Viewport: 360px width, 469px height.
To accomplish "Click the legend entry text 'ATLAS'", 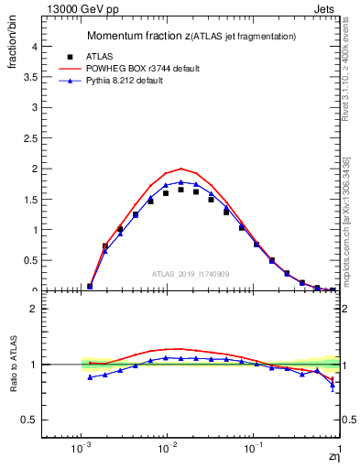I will (x=112, y=56).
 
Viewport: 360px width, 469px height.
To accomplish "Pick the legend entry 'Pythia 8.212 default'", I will (x=138, y=82).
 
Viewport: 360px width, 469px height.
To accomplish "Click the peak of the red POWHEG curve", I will (x=182, y=169).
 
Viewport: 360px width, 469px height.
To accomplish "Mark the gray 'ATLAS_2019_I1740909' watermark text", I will (x=191, y=274).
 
